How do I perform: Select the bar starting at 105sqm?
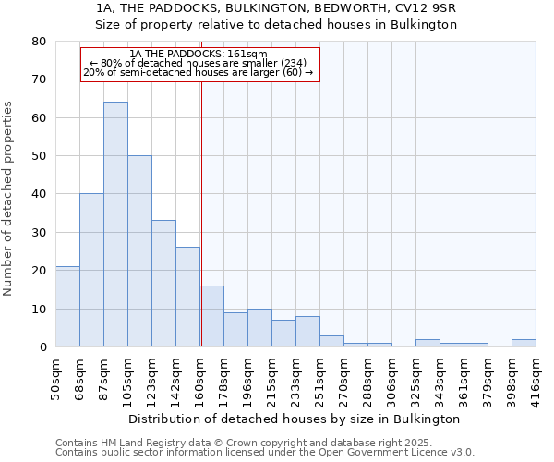[139, 251]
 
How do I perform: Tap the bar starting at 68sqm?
[91, 270]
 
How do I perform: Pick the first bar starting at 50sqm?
[67, 307]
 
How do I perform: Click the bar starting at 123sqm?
[163, 284]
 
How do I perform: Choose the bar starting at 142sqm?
[187, 297]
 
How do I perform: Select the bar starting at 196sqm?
[259, 328]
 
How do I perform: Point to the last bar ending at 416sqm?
[524, 343]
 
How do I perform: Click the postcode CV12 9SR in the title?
[428, 7]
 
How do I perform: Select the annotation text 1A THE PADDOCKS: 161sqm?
[199, 55]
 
